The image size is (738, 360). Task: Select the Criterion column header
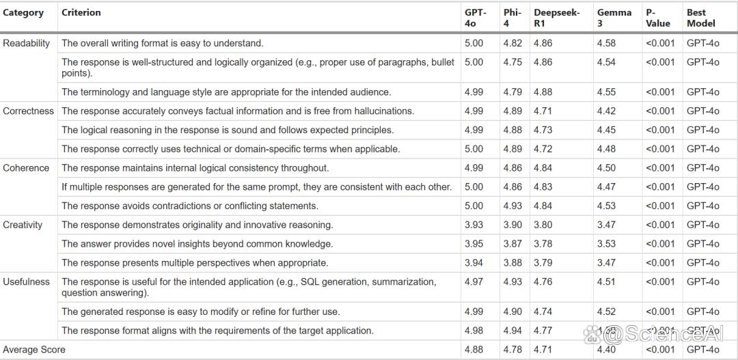click(81, 13)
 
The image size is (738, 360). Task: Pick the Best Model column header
click(701, 18)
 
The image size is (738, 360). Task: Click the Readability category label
click(27, 43)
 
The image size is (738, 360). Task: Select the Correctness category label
click(29, 111)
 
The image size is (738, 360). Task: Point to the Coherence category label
click(26, 168)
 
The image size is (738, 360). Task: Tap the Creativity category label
click(23, 225)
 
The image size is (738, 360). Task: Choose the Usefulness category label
click(27, 281)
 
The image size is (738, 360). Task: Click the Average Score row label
click(34, 350)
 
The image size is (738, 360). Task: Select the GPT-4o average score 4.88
click(474, 350)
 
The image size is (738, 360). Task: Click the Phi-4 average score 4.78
click(512, 350)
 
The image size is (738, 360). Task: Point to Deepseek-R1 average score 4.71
click(543, 350)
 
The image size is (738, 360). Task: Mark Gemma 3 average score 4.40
click(606, 350)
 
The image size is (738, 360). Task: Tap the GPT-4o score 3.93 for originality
click(474, 225)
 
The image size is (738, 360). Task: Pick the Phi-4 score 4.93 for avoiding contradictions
click(512, 206)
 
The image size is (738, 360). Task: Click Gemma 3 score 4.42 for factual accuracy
click(606, 111)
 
